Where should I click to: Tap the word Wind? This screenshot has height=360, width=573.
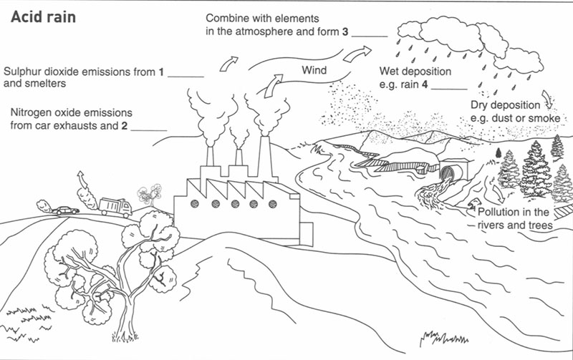point(314,70)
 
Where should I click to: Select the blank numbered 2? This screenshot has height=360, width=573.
point(149,130)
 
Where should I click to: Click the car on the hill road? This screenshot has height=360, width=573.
point(65,210)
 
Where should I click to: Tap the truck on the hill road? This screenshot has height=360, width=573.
point(114,207)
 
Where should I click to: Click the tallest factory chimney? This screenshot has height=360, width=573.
point(264,159)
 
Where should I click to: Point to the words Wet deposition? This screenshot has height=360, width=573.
point(415,72)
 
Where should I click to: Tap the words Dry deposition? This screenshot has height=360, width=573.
point(506,104)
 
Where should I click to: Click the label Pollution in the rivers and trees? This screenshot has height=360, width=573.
point(514,218)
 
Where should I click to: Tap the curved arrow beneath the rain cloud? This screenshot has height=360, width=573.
point(548,98)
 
